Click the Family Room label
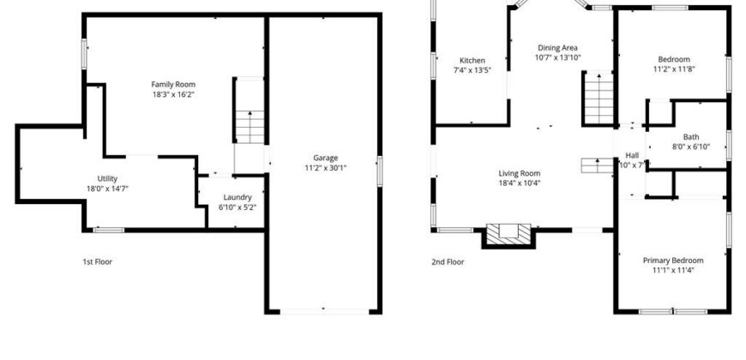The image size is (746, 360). tap(173, 85)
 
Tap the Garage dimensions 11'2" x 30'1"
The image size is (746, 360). tap(326, 168)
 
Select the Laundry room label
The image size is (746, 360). tap(238, 197)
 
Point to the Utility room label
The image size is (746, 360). tap(107, 179)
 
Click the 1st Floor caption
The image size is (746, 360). tap(98, 261)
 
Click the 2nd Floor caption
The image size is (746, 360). tap(448, 261)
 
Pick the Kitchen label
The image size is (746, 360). tap(472, 60)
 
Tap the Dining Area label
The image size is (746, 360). tap(557, 47)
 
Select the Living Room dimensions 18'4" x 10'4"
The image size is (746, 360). tap(519, 183)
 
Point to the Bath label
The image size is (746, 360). tap(691, 137)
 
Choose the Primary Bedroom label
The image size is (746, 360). tap(673, 261)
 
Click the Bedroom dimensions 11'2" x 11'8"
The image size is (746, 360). tap(674, 69)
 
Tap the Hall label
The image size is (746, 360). tap(632, 155)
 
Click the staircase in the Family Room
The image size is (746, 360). tap(250, 127)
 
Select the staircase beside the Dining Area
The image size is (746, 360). tap(599, 98)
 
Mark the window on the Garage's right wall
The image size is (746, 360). tap(379, 171)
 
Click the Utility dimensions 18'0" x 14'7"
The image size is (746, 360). tap(107, 189)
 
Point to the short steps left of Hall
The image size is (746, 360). tap(597, 166)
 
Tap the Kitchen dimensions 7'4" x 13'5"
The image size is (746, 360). tap(472, 70)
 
